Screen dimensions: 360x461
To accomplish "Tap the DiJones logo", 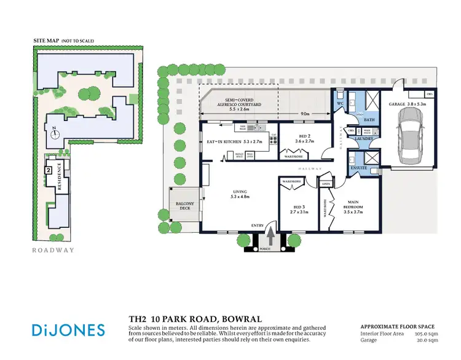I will point(68,329).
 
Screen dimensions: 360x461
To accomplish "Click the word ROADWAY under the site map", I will point(53,250).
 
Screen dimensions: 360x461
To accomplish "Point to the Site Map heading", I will point(64,41).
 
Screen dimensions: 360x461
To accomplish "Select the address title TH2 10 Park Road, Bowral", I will point(195,319).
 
